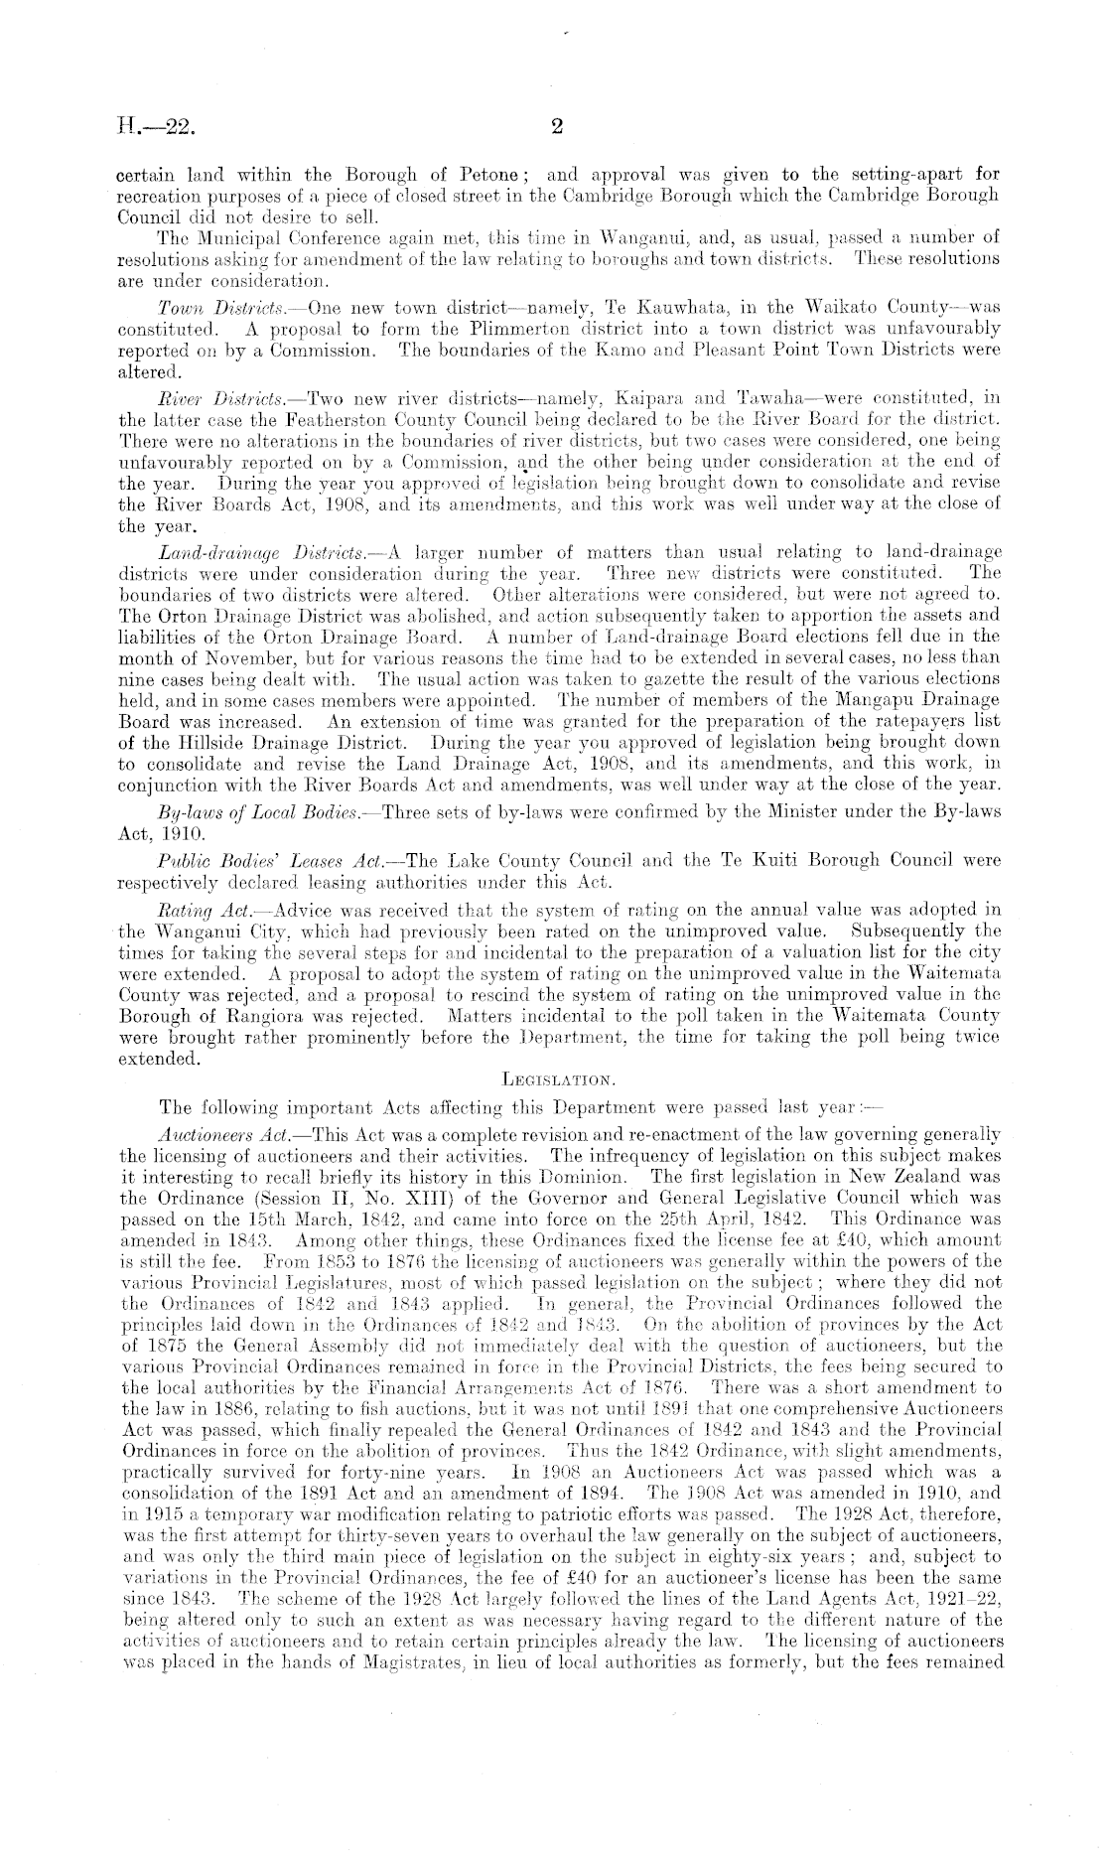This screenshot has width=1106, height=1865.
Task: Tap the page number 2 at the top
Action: click(556, 126)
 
